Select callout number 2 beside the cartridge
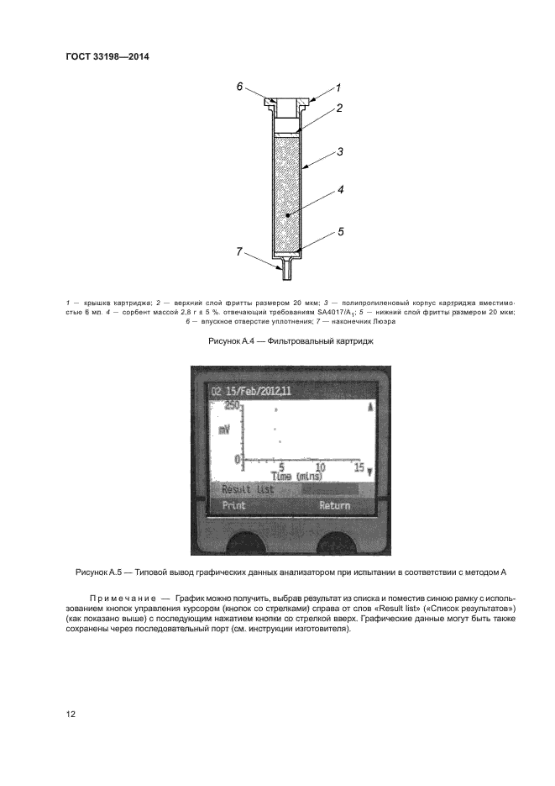pyautogui.click(x=339, y=108)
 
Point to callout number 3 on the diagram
pyautogui.click(x=340, y=152)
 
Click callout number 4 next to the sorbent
pyautogui.click(x=341, y=190)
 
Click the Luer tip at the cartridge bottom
pyautogui.click(x=287, y=272)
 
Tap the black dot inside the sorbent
pyautogui.click(x=287, y=216)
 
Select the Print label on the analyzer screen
pyautogui.click(x=233, y=506)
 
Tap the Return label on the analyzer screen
pyautogui.click(x=334, y=506)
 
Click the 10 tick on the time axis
pyautogui.click(x=319, y=467)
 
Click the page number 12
pyautogui.click(x=71, y=714)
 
